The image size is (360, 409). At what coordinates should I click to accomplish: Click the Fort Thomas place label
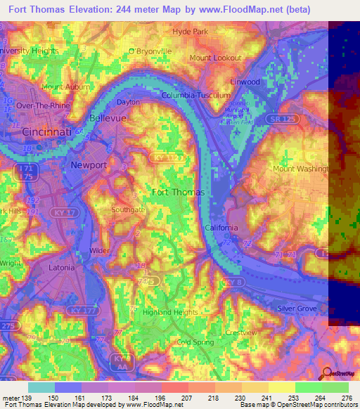click(179, 192)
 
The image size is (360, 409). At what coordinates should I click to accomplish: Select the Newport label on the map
click(89, 165)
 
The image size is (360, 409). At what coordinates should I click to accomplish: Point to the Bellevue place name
click(108, 118)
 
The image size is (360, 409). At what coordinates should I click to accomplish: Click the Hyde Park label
click(191, 32)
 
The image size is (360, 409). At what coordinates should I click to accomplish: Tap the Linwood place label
click(245, 82)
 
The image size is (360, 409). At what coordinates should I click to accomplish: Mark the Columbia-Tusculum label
click(195, 95)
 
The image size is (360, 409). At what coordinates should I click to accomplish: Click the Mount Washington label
click(300, 169)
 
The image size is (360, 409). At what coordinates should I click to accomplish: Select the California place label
click(221, 228)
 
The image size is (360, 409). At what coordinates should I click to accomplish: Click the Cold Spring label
click(195, 342)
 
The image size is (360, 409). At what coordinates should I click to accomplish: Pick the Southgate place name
click(128, 209)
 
